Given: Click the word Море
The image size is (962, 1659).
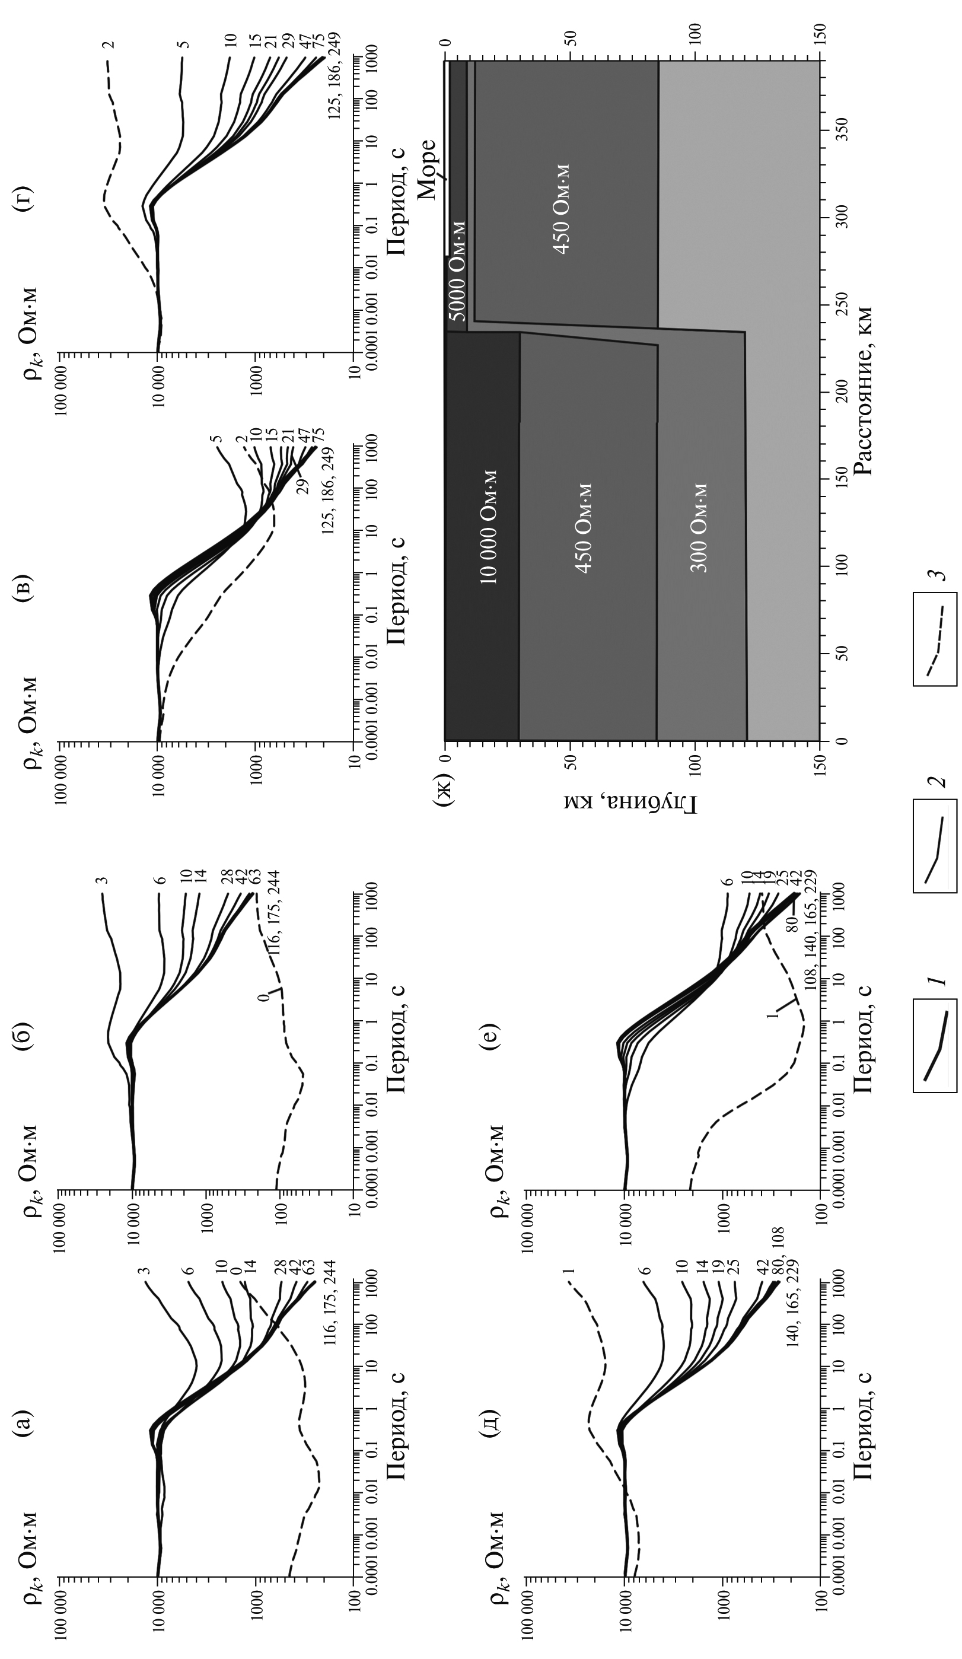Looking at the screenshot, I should click(x=428, y=170).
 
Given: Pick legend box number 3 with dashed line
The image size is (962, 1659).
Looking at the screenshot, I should click(x=934, y=639).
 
